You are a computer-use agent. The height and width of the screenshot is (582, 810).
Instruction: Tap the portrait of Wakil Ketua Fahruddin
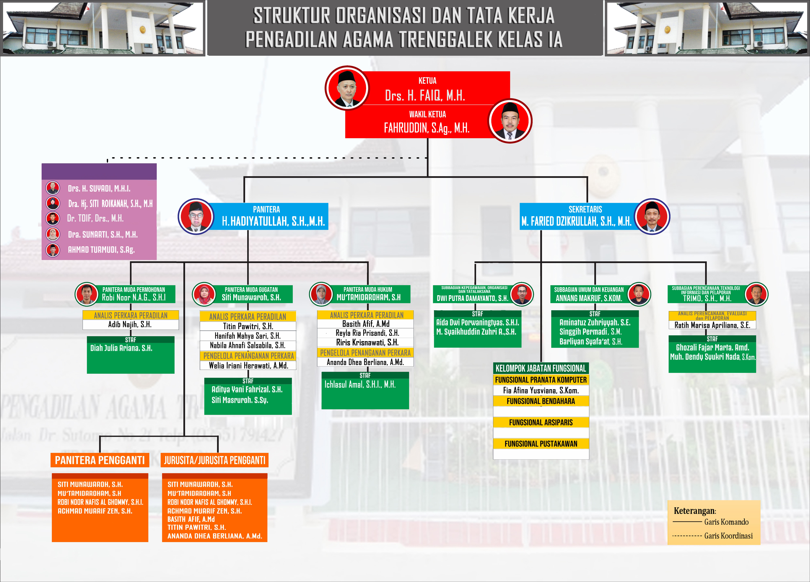tap(510, 121)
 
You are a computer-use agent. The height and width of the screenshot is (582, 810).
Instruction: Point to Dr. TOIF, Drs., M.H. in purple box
tap(95, 218)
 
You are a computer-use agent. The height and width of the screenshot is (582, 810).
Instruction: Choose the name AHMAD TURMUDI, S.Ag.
tap(101, 250)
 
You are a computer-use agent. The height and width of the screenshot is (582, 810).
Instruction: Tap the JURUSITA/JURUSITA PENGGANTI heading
tap(215, 460)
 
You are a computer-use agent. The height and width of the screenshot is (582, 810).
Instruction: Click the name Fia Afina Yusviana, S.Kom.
tap(541, 390)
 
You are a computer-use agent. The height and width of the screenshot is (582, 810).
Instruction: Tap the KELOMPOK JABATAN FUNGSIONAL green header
tap(541, 368)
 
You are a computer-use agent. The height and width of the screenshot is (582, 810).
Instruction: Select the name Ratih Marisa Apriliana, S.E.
tap(712, 325)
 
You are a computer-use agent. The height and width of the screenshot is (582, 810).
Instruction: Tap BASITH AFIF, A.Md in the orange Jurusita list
tap(191, 519)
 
